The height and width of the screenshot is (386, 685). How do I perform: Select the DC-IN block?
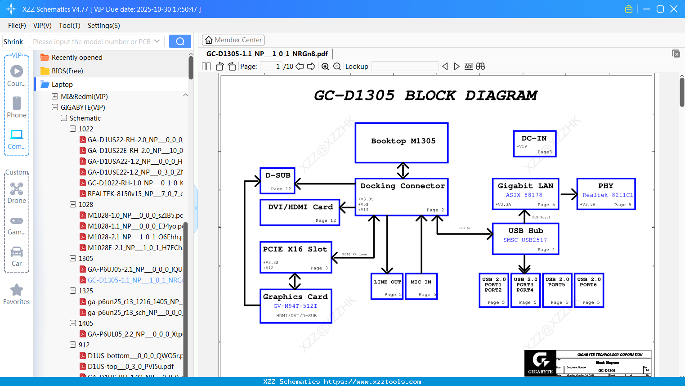click(x=535, y=144)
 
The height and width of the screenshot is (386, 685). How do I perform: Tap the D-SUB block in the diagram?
click(x=278, y=180)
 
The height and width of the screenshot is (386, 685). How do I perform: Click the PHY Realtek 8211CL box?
click(x=606, y=194)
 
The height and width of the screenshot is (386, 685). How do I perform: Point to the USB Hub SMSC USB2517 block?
click(x=525, y=239)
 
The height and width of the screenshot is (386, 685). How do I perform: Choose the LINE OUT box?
click(x=387, y=286)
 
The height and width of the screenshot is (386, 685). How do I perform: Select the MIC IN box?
click(x=421, y=286)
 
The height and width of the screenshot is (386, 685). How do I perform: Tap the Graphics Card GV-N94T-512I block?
click(x=296, y=306)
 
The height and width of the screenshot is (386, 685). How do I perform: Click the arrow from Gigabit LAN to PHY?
click(x=569, y=194)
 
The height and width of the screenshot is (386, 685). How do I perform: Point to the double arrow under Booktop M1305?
click(x=403, y=171)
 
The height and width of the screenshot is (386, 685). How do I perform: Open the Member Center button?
click(x=233, y=40)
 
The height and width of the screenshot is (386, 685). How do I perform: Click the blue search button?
click(x=180, y=41)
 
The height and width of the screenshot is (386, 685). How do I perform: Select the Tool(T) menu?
click(x=69, y=26)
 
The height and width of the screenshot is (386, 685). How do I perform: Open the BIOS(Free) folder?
click(x=67, y=71)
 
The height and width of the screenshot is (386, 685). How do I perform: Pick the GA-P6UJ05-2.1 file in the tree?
click(x=134, y=269)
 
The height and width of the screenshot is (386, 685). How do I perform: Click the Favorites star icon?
click(x=17, y=290)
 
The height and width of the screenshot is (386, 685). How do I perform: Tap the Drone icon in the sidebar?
click(x=17, y=189)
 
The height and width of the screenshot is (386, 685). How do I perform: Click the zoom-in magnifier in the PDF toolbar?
click(x=325, y=67)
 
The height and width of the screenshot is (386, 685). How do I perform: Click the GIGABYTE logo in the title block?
click(x=540, y=363)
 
